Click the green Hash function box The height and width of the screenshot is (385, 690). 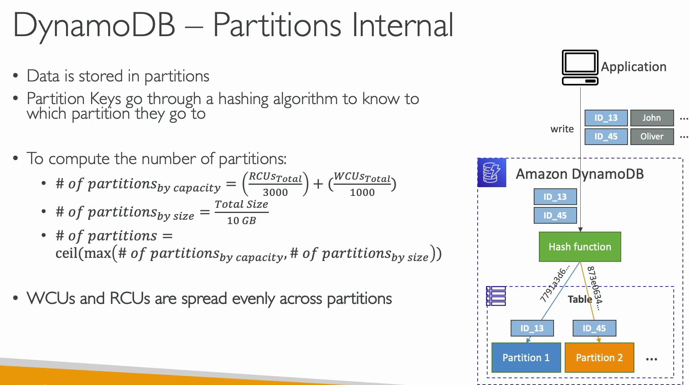580,247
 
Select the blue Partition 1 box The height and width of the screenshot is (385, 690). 526,358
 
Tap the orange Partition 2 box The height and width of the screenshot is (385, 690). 599,358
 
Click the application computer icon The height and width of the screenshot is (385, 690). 580,68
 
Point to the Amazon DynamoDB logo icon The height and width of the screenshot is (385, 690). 492,172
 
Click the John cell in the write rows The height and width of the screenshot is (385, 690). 652,118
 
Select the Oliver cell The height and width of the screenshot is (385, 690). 652,137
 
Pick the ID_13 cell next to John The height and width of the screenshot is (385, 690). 606,118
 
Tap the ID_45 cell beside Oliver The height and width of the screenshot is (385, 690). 606,137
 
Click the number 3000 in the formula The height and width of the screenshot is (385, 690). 275,192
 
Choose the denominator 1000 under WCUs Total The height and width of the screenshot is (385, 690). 362,192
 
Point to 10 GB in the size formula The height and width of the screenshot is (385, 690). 241,221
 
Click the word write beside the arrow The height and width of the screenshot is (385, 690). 562,129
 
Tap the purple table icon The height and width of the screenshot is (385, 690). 496,296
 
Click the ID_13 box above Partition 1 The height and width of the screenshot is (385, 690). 532,328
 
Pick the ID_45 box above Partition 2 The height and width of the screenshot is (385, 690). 595,328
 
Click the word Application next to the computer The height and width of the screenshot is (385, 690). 634,67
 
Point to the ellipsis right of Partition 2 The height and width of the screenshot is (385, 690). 651,359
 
